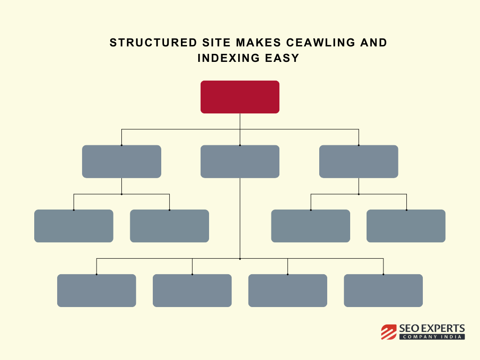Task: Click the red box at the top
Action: pyautogui.click(x=240, y=97)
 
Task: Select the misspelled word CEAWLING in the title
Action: pyautogui.click(x=321, y=43)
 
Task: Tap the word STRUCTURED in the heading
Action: pyautogui.click(x=153, y=43)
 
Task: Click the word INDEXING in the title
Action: pyautogui.click(x=228, y=58)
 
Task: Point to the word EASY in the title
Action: pyautogui.click(x=282, y=58)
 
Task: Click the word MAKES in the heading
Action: pyautogui.click(x=258, y=43)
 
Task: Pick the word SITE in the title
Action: pyautogui.click(x=217, y=43)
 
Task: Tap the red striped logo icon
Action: pyautogui.click(x=389, y=332)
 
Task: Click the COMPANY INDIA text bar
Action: pyautogui.click(x=432, y=337)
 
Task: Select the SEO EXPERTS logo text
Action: pyautogui.click(x=432, y=329)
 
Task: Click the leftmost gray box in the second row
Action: pyautogui.click(x=121, y=162)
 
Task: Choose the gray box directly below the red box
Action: pyautogui.click(x=240, y=162)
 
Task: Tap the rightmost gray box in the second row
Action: pyautogui.click(x=359, y=162)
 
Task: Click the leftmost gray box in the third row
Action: pyautogui.click(x=74, y=226)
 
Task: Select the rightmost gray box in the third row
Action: pyautogui.click(x=406, y=226)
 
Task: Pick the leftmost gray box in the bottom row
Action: pyautogui.click(x=97, y=291)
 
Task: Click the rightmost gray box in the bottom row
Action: pyautogui.click(x=383, y=291)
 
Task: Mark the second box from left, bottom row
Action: pyautogui.click(x=192, y=291)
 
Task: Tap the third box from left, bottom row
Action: pyautogui.click(x=288, y=291)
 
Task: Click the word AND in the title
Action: pyautogui.click(x=374, y=43)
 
